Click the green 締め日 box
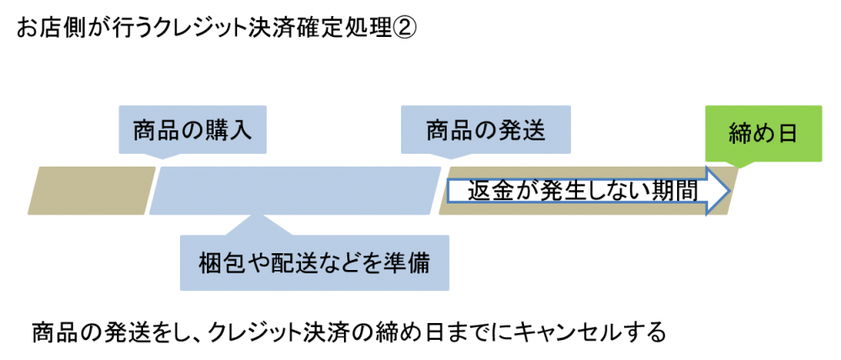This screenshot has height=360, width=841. click(763, 133)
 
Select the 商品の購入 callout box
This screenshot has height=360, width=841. click(193, 130)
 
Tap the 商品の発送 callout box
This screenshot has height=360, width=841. click(486, 130)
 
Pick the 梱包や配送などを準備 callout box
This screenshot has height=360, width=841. click(315, 262)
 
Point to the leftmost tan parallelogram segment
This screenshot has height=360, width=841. click(93, 190)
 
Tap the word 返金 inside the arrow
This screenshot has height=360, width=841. click(488, 191)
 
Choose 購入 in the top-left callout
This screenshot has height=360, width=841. click(229, 131)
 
